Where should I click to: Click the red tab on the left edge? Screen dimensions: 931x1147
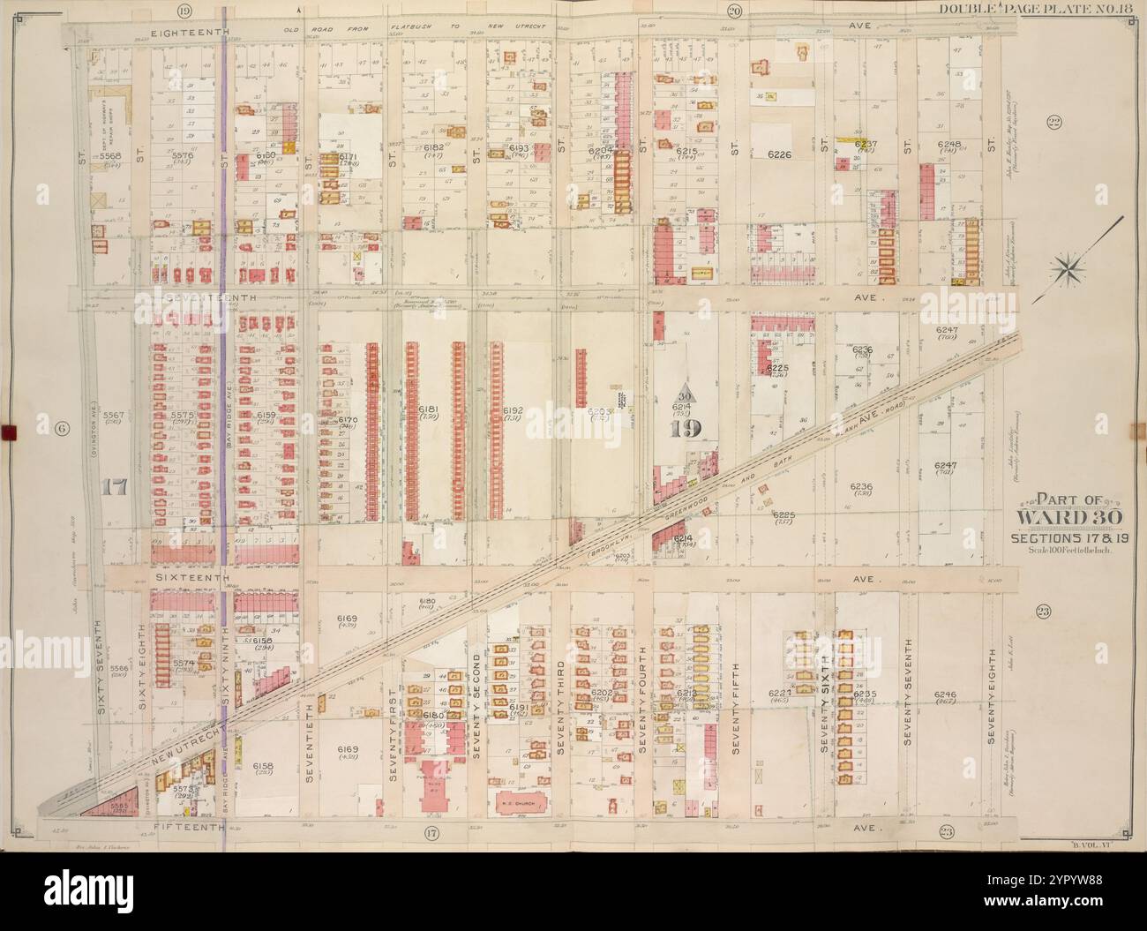point(10,432)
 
